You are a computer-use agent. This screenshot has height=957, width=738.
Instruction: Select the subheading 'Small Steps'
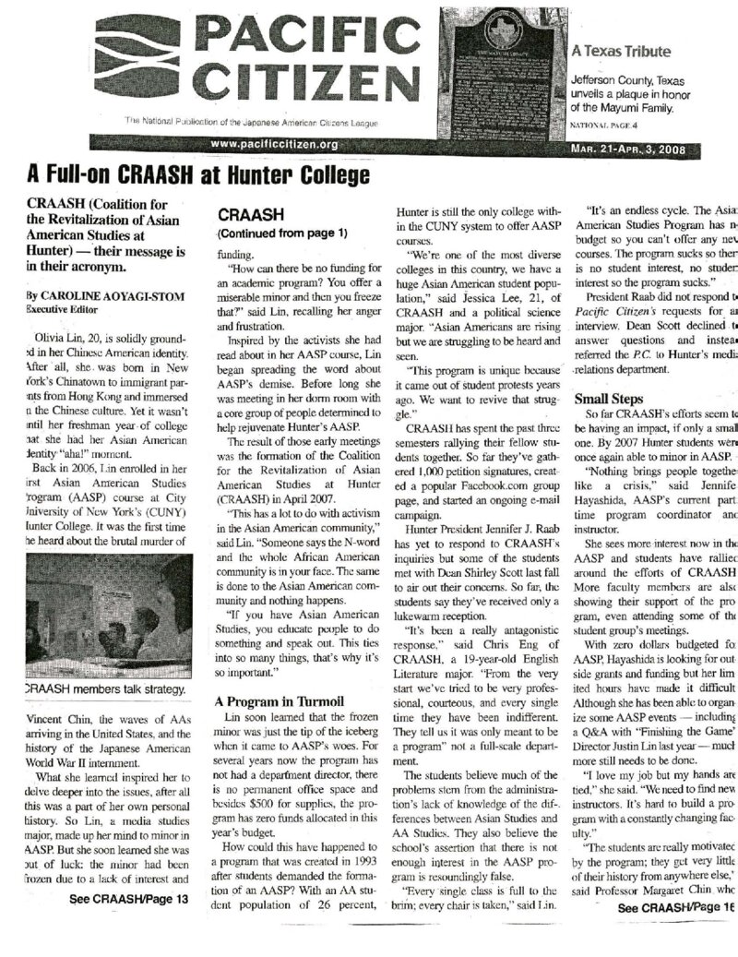click(609, 401)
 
